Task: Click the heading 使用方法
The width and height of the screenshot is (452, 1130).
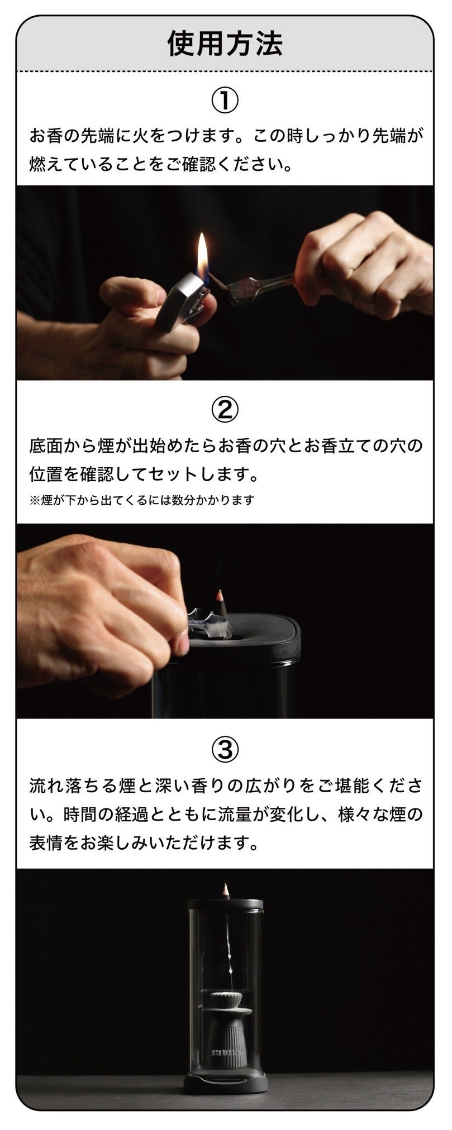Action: tap(225, 44)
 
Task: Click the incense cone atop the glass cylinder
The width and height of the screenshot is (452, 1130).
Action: tap(225, 891)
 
